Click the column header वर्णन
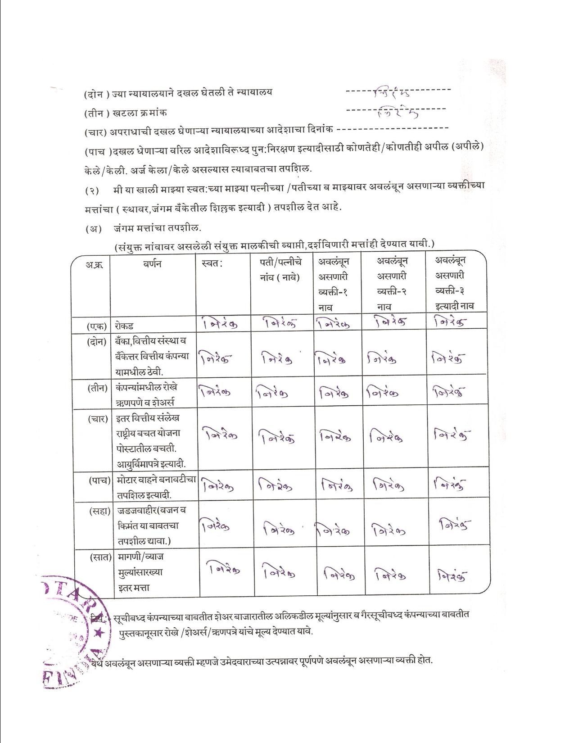[x=153, y=264]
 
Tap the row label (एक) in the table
[x=97, y=326]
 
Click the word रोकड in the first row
[x=124, y=326]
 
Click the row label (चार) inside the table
[x=98, y=419]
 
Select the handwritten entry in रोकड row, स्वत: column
[x=220, y=323]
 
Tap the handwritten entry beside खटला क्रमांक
[x=398, y=111]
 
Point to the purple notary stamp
[x=72, y=630]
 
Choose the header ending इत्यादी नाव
[x=454, y=283]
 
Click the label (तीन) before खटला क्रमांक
[x=95, y=113]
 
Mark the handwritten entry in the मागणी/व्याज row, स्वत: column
[x=225, y=570]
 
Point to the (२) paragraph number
[x=92, y=190]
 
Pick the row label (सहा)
[x=99, y=511]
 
